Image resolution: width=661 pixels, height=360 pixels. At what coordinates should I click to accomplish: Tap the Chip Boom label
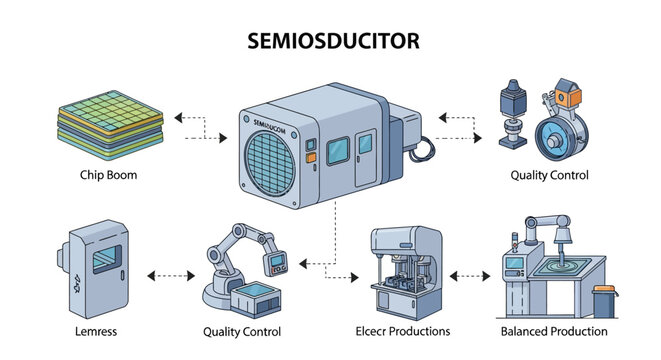click(x=109, y=176)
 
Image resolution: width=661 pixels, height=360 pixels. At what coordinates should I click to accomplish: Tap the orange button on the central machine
click(x=310, y=157)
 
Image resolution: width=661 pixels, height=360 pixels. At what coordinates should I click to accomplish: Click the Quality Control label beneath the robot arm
click(x=241, y=331)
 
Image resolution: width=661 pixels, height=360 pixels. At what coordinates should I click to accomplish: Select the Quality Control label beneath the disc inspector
click(x=548, y=176)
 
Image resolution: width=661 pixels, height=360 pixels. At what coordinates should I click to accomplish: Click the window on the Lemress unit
click(x=103, y=263)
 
